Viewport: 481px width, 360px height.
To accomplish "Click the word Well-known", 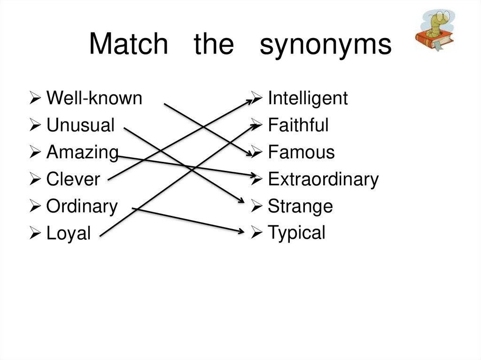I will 94,99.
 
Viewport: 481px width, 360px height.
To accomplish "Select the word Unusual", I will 80,125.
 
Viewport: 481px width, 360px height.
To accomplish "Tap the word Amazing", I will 82,153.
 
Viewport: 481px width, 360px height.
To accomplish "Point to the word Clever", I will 73,179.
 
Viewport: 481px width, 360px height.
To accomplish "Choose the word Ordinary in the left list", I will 82,207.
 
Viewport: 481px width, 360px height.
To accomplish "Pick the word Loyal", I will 69,233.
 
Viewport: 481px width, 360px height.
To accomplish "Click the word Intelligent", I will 308,99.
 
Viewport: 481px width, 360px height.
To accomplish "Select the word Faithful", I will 298,125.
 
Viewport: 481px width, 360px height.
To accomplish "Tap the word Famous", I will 301,153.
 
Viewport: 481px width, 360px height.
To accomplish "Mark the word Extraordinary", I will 323,179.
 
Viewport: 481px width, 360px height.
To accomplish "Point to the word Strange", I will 300,207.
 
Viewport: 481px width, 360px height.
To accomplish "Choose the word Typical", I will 296,233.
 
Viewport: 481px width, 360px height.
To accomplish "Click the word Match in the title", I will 128,45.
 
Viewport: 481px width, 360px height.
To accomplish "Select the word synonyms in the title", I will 326,46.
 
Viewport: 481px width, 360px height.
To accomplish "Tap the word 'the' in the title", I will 213,45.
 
